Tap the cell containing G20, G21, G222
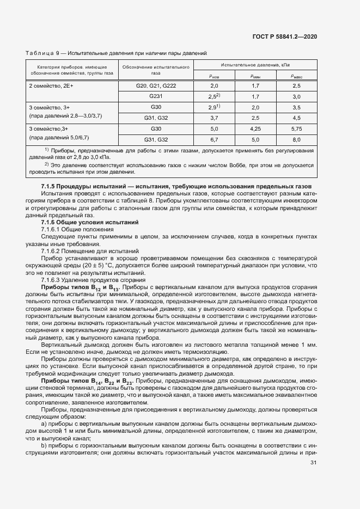coord(156,86)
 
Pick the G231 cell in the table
coord(156,96)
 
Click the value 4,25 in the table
coord(255,128)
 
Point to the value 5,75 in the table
coord(296,128)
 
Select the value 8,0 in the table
coord(296,139)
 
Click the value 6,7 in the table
coord(214,139)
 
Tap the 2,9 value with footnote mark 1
coord(214,107)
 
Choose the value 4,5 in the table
coord(296,118)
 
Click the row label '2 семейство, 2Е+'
coord(51,86)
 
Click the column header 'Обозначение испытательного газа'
coord(156,69)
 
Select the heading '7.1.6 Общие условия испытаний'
coord(83,223)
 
